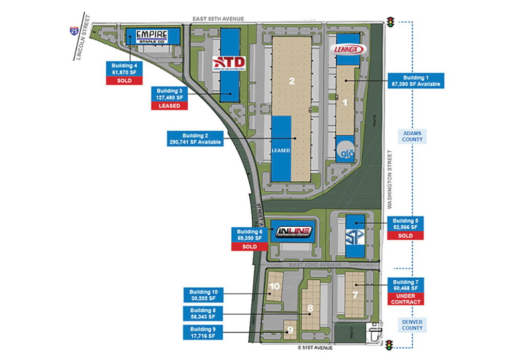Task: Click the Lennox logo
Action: tap(349, 49)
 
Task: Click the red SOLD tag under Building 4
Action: tap(124, 81)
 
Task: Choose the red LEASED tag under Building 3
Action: tap(170, 106)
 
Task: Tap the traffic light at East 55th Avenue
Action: tap(391, 23)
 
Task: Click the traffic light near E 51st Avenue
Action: tap(391, 345)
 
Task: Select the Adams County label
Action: tap(412, 136)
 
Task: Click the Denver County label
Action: tap(412, 325)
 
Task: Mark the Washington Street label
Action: tap(391, 179)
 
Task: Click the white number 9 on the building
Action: tap(290, 330)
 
